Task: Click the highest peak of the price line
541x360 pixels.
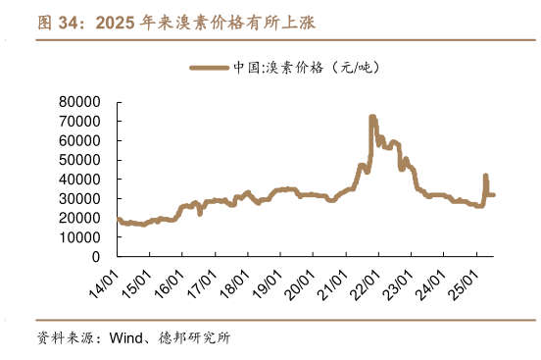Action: point(371,117)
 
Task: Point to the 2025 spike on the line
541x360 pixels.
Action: point(485,177)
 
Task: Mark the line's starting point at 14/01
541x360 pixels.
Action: point(118,219)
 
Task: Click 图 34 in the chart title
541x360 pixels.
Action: point(61,22)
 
